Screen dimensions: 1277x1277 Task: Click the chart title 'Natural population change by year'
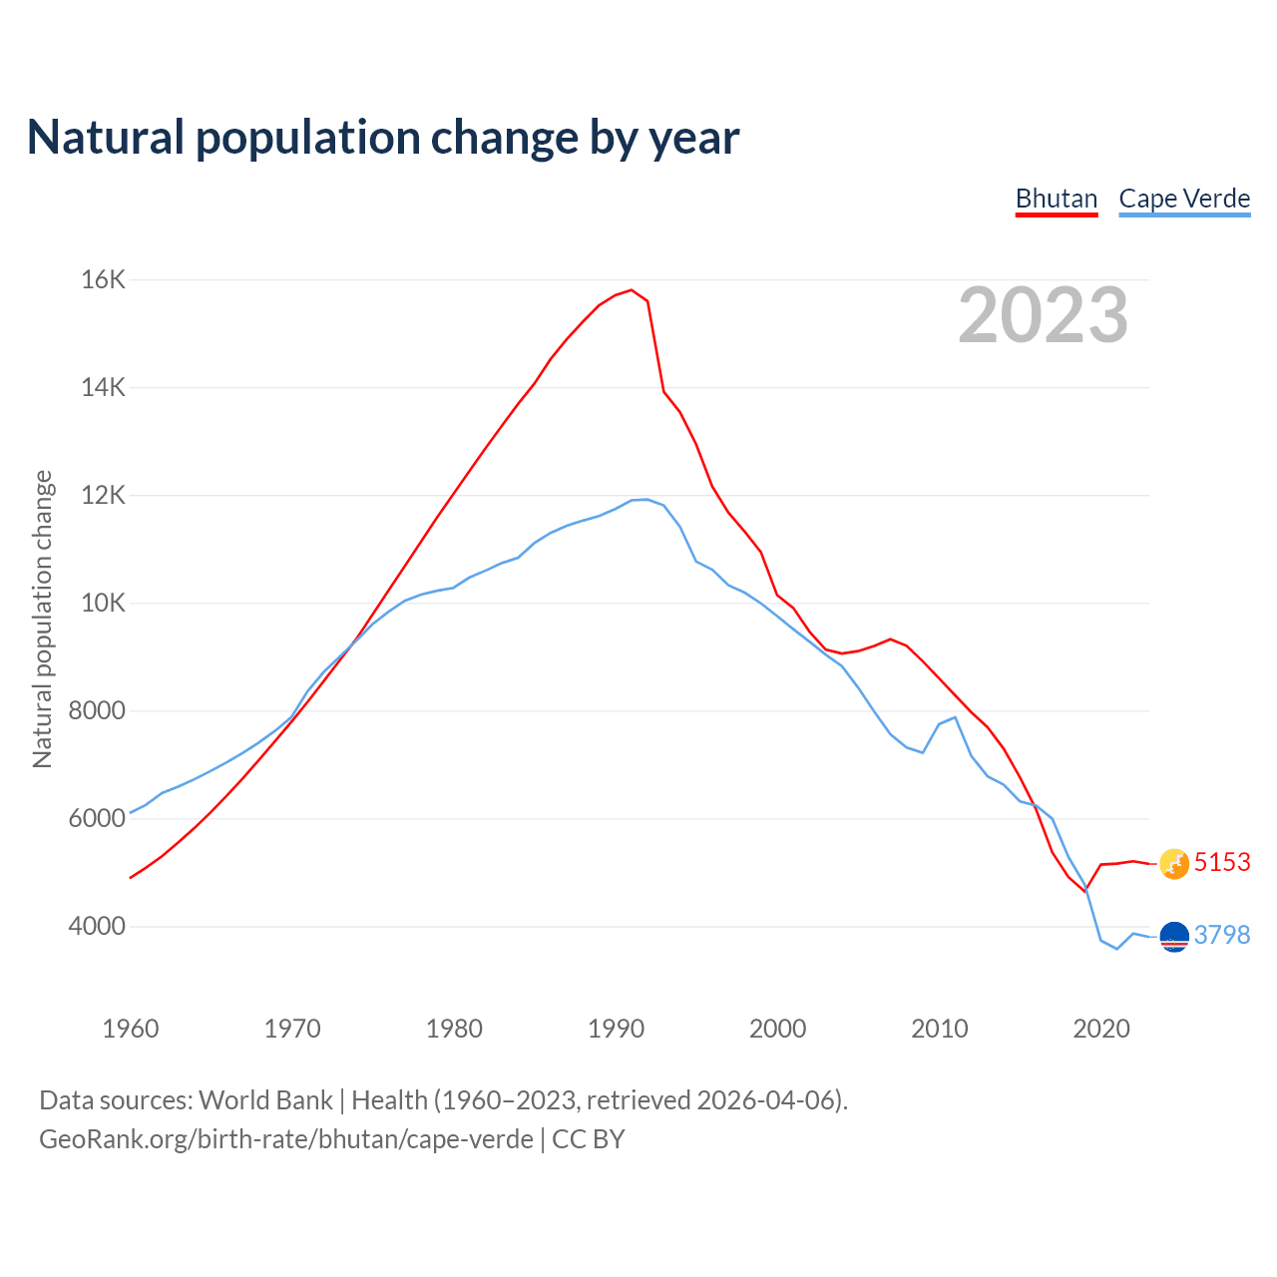point(383,138)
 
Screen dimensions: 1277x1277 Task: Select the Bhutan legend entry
point(1057,199)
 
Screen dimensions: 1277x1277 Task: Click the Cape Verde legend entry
point(1184,199)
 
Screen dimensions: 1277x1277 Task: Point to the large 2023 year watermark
point(1044,315)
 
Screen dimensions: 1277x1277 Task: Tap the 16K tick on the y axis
point(103,280)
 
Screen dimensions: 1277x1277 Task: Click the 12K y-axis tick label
point(103,496)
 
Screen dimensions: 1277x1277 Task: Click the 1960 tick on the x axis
point(131,1029)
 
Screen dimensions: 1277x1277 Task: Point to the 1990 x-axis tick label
point(617,1029)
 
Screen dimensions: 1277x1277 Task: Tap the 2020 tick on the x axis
point(1101,1029)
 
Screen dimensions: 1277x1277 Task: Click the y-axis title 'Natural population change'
point(43,620)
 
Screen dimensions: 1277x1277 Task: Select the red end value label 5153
point(1222,863)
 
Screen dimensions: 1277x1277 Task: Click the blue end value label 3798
point(1222,936)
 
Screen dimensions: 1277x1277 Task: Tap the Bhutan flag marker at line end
point(1174,864)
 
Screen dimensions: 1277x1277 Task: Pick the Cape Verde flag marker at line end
point(1174,937)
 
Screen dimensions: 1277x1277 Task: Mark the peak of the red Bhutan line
point(632,290)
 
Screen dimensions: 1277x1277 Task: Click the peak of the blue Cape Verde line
point(645,499)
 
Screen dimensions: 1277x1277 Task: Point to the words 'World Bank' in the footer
point(265,1100)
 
